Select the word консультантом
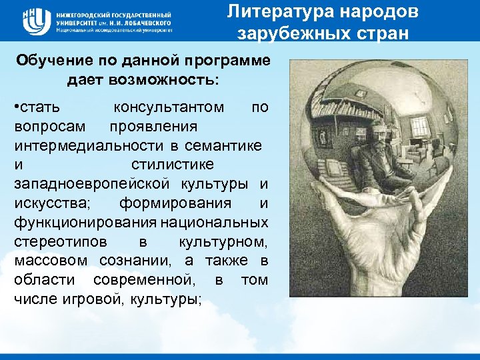pyautogui.click(x=169, y=107)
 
